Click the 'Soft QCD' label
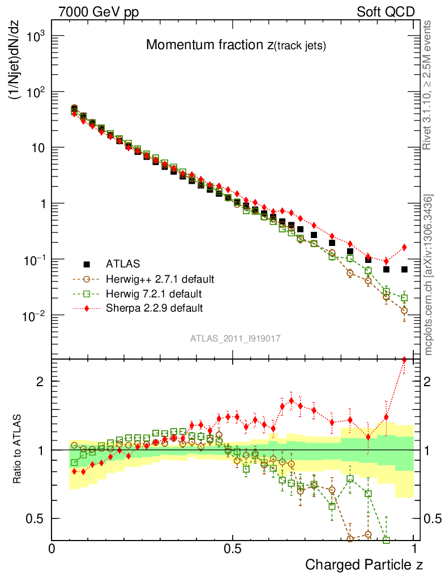point(386,11)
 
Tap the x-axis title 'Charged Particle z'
point(364,564)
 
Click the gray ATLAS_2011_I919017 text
point(236,338)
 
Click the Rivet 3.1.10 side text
point(430,85)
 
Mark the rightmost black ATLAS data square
point(404,269)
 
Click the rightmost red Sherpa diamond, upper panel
point(404,247)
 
